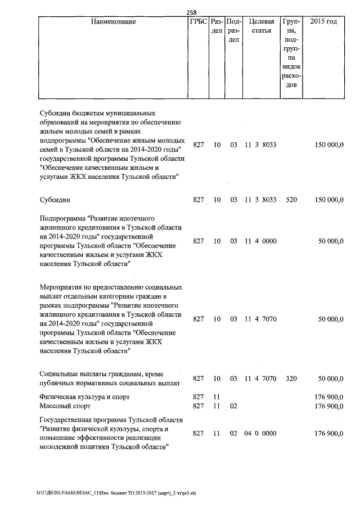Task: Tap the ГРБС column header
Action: click(199, 22)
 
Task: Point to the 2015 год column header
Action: click(324, 22)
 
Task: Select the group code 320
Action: click(291, 379)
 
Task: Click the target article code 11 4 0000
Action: click(260, 241)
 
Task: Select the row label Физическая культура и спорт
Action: click(85, 397)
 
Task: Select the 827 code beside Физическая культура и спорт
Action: click(198, 397)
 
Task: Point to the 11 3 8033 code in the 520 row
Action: click(260, 200)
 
